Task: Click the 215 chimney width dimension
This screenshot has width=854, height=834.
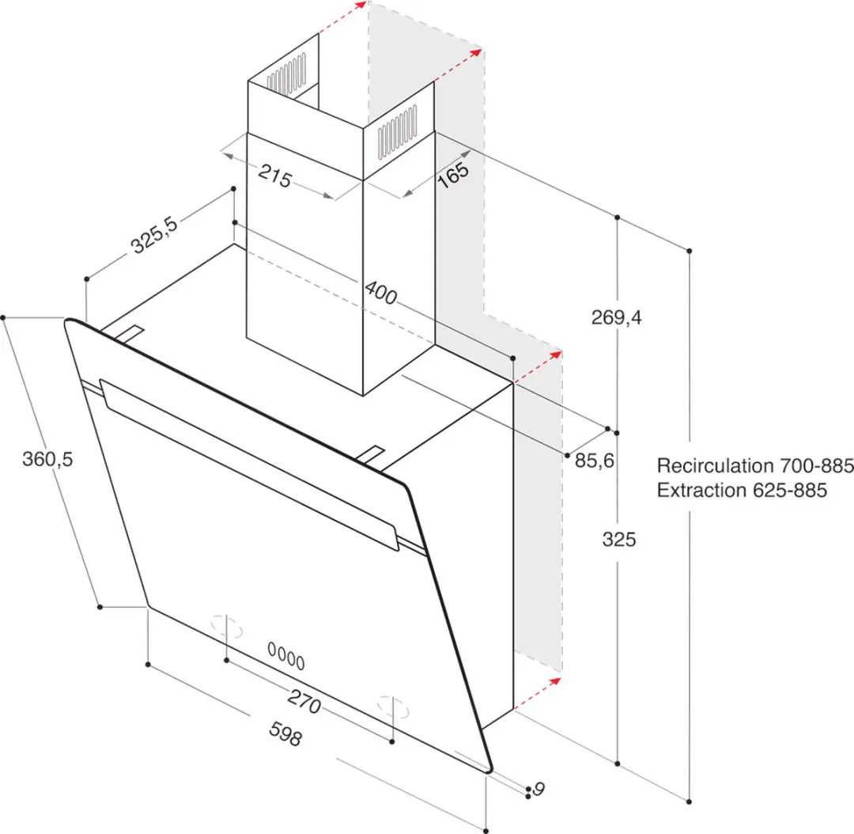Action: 275,176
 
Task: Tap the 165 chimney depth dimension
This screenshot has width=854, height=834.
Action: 453,174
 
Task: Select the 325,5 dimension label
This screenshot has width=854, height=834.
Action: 155,235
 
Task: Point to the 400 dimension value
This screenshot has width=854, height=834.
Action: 380,293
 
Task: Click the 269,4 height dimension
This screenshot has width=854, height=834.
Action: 617,317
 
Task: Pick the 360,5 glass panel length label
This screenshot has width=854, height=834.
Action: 47,459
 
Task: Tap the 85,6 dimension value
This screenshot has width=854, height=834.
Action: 594,461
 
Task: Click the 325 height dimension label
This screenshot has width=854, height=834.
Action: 619,540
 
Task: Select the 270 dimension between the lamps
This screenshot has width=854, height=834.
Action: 304,702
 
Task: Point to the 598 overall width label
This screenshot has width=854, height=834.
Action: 285,734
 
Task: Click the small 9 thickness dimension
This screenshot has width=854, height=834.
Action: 538,789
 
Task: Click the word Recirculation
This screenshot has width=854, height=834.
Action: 715,465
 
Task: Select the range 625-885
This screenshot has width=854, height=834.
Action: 790,490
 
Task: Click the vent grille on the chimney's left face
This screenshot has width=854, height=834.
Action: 286,74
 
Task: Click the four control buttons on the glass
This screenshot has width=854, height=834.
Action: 286,655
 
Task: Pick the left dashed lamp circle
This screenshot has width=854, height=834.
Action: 227,626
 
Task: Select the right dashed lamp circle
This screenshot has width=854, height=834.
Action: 393,707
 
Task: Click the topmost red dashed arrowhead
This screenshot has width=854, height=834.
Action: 360,6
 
